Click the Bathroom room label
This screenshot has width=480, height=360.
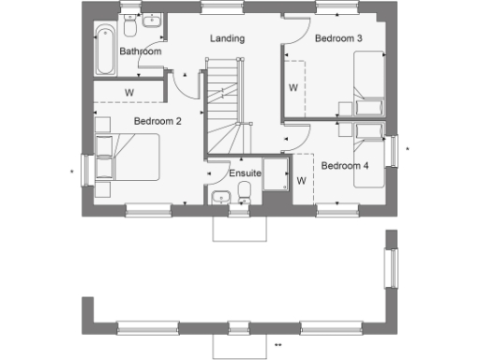tap(141, 52)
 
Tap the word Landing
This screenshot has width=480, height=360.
tap(227, 38)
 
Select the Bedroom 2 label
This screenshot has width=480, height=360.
tap(157, 121)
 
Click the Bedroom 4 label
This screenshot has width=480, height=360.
tap(345, 166)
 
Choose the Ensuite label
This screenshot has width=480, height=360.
tap(245, 173)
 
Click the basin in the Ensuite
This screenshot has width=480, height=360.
tap(220, 196)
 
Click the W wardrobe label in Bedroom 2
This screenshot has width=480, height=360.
tap(127, 91)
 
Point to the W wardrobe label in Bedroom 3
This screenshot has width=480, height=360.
tap(292, 88)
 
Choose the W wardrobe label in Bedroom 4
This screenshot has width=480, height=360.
tap(301, 180)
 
